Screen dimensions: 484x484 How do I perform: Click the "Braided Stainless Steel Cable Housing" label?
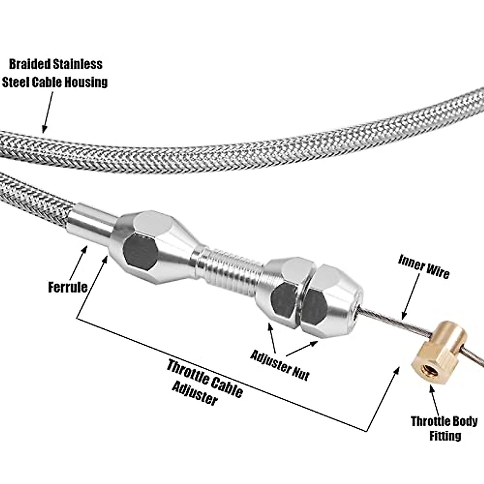tap(55, 73)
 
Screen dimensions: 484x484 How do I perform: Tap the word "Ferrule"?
tap(68, 287)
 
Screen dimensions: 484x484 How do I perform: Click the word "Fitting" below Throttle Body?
tap(445, 436)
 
